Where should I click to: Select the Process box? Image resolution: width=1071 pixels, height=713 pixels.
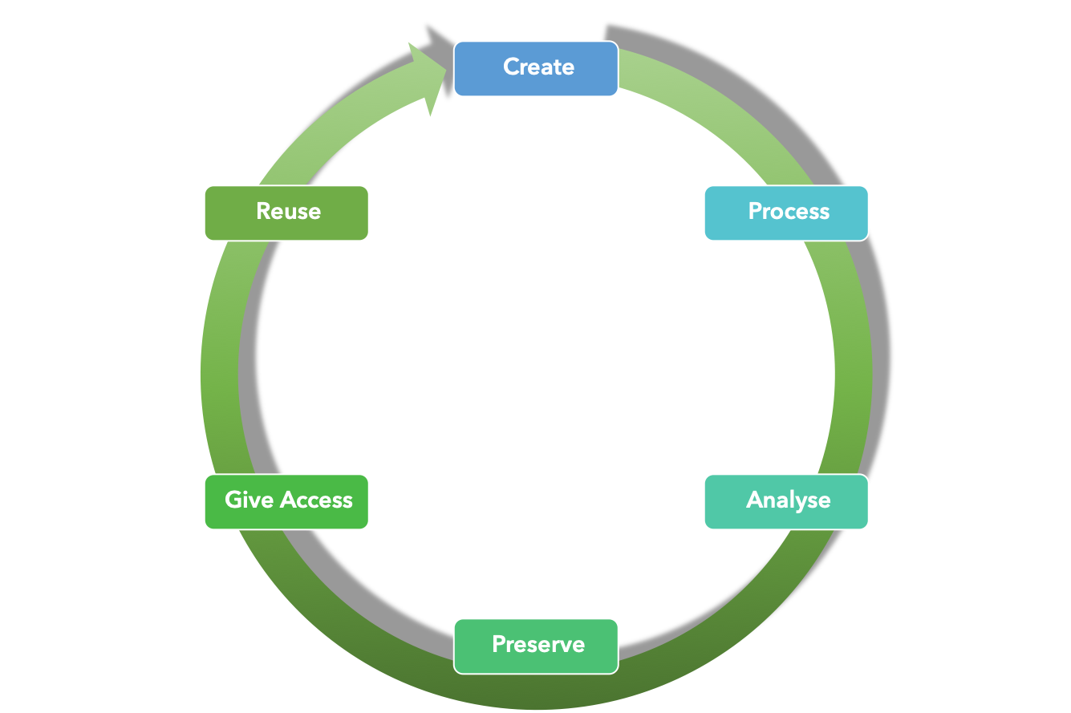[786, 213]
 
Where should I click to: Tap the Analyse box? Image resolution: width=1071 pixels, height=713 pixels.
[786, 502]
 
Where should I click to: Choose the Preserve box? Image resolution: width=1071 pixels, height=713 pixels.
[536, 646]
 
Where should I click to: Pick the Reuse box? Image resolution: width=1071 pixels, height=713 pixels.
[286, 213]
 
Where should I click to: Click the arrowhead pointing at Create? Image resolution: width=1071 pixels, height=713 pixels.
[429, 76]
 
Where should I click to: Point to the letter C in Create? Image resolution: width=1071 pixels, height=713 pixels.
[511, 67]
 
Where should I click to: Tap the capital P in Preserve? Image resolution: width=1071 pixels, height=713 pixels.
[499, 644]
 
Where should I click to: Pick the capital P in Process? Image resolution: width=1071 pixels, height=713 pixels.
[755, 211]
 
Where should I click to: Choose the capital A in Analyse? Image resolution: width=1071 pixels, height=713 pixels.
[754, 500]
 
